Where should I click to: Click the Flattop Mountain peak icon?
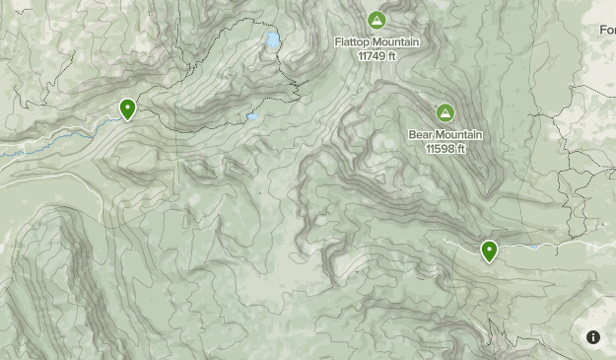[x=376, y=20]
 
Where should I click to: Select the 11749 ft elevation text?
[x=377, y=55]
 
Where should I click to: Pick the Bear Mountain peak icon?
[x=445, y=112]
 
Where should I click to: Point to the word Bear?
[x=421, y=135]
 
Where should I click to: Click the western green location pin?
[x=127, y=109]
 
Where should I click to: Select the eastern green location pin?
[x=489, y=252]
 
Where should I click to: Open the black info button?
[x=593, y=337]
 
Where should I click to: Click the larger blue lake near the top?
[x=271, y=41]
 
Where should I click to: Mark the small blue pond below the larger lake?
[x=252, y=116]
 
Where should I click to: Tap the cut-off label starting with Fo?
[x=606, y=31]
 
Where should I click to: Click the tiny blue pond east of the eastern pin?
[x=532, y=247]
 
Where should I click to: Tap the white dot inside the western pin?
[x=127, y=107]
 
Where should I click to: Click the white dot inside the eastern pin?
[x=489, y=249]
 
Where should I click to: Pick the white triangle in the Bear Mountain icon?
[x=445, y=112]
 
